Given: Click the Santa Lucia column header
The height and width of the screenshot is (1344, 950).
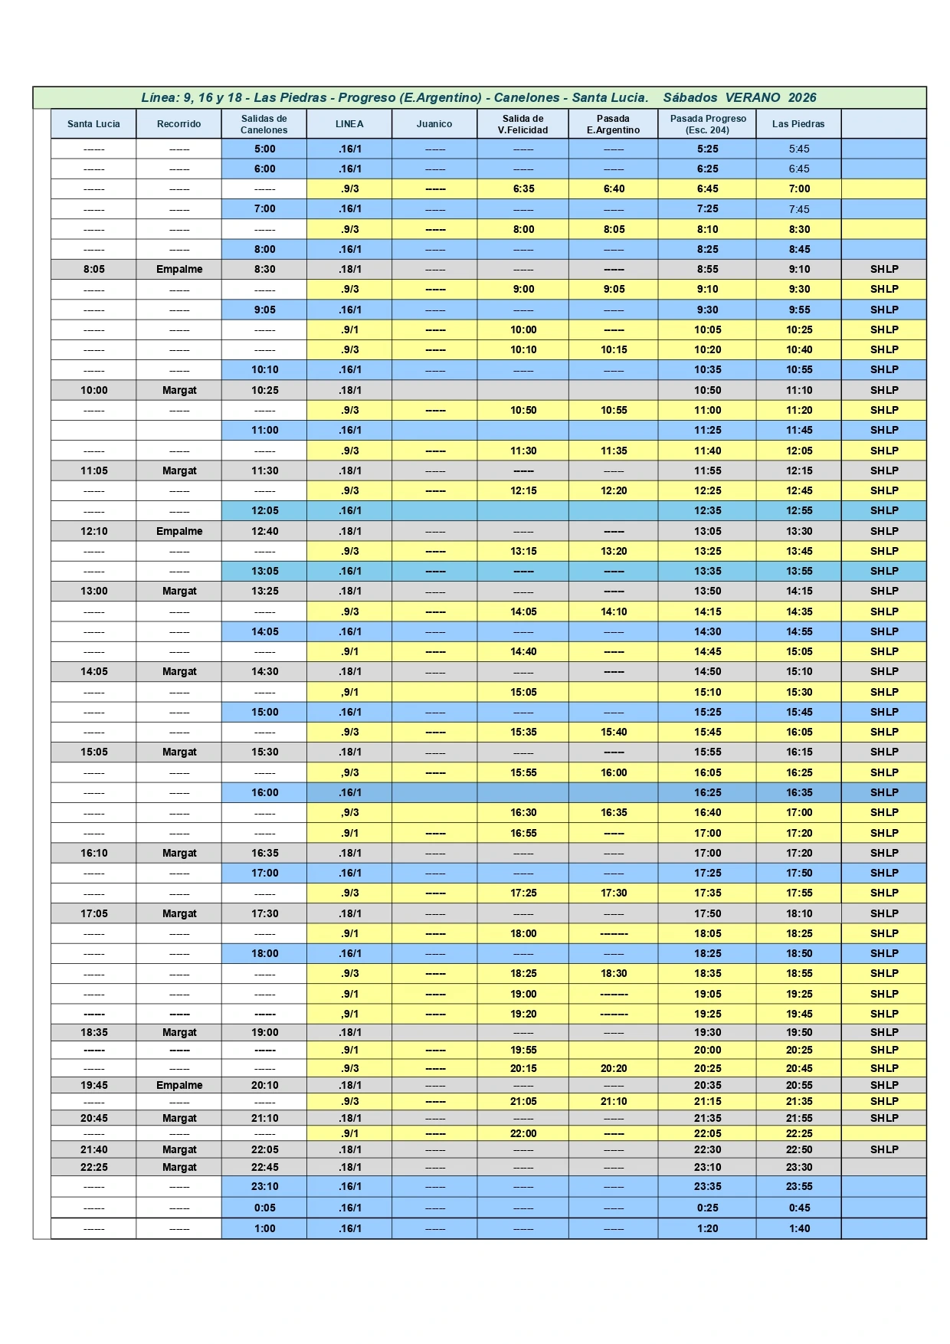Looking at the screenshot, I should pos(93,124).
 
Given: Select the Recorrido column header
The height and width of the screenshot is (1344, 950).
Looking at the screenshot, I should pos(179,124).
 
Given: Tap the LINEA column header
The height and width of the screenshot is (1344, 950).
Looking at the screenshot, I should pos(349,124).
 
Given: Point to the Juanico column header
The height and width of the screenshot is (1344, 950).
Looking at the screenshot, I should pos(434,124).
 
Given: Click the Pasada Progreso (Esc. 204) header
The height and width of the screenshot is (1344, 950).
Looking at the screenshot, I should pos(707,124).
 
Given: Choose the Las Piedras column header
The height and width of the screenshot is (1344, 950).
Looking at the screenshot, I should pos(798,124).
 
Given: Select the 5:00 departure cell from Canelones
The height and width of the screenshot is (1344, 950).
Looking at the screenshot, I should pos(264,149).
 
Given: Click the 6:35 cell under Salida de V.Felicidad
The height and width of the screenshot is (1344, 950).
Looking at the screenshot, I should pos(523,189).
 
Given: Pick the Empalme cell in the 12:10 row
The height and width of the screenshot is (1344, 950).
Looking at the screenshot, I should pos(179,531).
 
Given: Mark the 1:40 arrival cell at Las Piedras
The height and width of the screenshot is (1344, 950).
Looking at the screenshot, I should pos(799,1228).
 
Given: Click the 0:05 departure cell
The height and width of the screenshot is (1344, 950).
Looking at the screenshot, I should pos(264,1208).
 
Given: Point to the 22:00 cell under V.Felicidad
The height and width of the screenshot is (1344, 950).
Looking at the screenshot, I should pos(523,1133).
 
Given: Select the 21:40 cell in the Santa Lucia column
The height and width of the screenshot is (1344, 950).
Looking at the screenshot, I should pos(94,1149).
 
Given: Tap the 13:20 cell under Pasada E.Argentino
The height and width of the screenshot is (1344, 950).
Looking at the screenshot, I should pos(614,551).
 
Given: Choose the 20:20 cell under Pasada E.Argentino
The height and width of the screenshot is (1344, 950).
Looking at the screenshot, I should pos(614,1068).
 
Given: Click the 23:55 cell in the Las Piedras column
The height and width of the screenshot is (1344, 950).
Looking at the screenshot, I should pos(799,1186).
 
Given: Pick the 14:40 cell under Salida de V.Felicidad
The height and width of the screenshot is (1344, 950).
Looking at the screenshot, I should pos(523,651).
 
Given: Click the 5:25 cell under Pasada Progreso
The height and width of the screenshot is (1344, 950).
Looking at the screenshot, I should pos(707,149).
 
